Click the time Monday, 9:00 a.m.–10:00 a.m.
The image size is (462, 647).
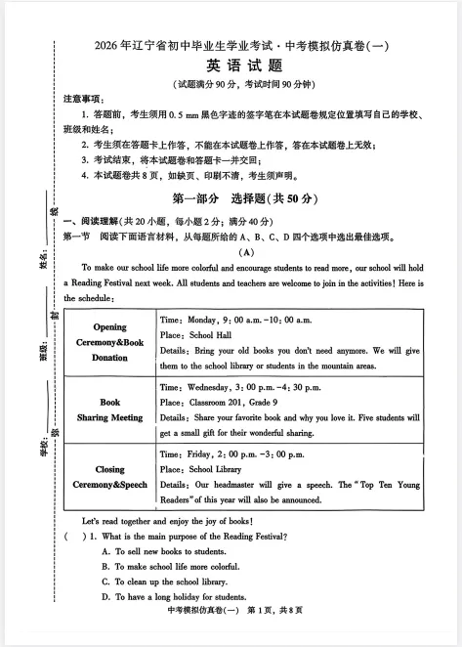(x=235, y=320)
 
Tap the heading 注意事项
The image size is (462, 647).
(x=80, y=99)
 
